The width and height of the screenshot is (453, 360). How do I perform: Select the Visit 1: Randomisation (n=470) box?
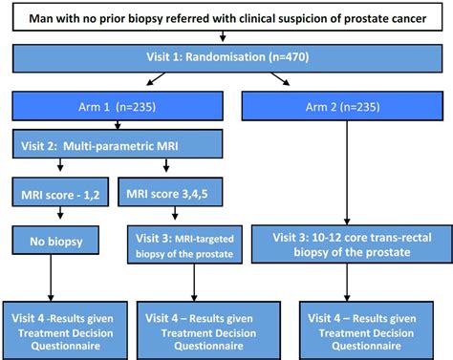[x=226, y=57]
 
